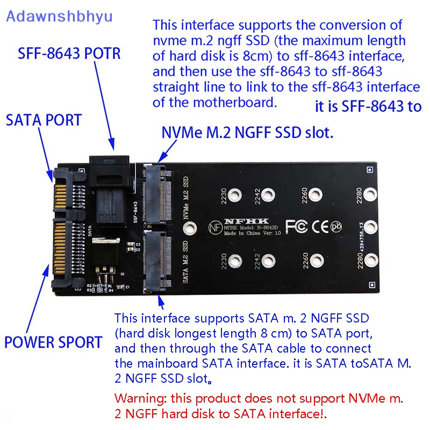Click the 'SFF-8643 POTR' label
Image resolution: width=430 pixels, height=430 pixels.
(69, 54)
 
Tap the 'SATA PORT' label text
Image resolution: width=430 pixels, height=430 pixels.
(44, 120)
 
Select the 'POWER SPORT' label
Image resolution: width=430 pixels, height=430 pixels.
(53, 342)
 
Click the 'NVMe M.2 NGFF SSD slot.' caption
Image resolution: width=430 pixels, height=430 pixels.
(247, 133)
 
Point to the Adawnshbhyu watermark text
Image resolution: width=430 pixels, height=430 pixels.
(59, 16)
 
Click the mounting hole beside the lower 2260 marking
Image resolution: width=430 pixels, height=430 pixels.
(315, 261)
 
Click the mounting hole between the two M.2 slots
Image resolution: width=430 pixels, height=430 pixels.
(188, 228)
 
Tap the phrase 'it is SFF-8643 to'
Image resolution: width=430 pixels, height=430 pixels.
(368, 106)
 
